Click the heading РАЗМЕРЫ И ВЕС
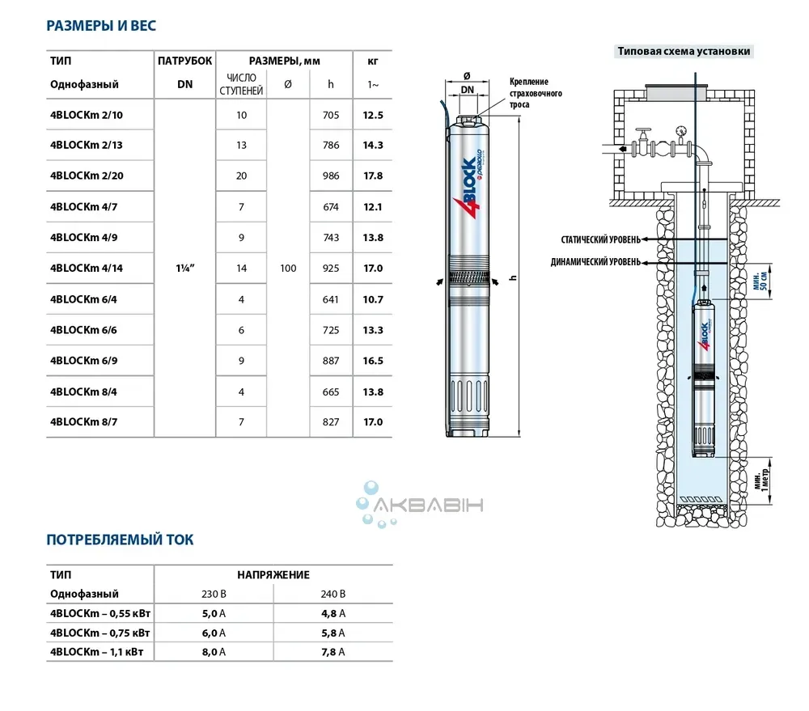click(x=101, y=25)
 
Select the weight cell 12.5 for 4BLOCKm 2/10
click(x=373, y=115)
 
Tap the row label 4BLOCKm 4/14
click(x=87, y=268)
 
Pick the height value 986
click(x=331, y=176)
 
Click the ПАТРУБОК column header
click(x=184, y=61)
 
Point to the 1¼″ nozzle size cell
click(x=184, y=268)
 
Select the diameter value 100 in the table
click(x=288, y=268)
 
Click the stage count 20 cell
click(x=241, y=176)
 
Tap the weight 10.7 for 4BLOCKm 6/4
click(x=373, y=298)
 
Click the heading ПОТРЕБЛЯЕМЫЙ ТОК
click(x=120, y=540)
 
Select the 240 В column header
click(x=332, y=594)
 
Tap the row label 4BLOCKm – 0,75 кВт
click(x=100, y=633)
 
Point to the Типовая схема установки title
click(x=684, y=51)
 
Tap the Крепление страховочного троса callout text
click(x=536, y=93)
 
